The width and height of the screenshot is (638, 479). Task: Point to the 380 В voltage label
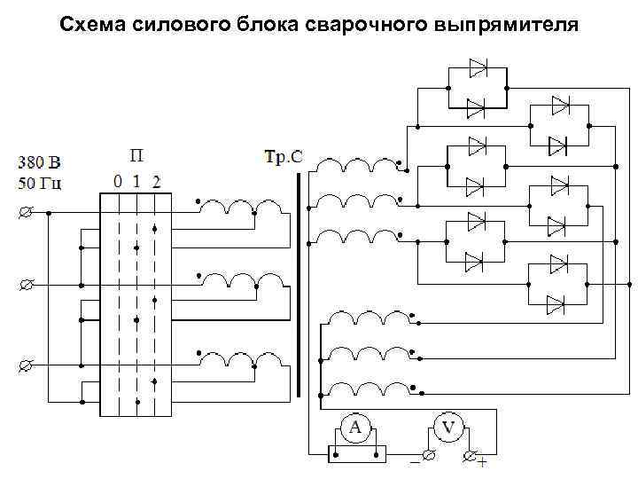(x=40, y=163)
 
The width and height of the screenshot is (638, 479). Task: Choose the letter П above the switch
(x=136, y=157)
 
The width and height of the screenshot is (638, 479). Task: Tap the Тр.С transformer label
(x=284, y=157)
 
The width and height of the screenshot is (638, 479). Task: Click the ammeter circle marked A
(x=355, y=429)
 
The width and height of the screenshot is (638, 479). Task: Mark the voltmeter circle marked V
(x=448, y=429)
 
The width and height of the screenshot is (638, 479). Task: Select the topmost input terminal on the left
(x=26, y=213)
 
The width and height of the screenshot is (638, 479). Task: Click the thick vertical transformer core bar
(x=299, y=284)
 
